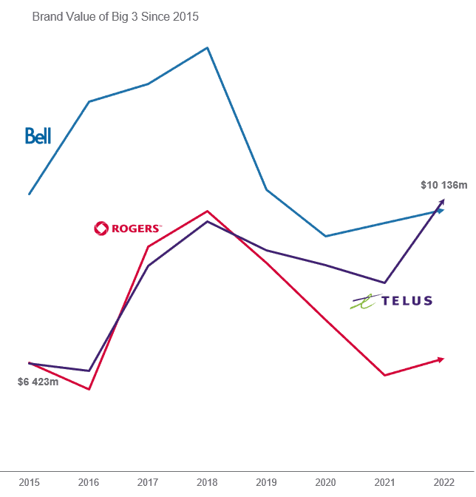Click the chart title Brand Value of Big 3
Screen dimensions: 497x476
[115, 16]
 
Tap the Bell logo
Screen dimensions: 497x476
[38, 135]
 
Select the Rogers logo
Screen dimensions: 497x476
[127, 229]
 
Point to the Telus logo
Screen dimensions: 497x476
[392, 300]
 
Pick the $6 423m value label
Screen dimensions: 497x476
[38, 382]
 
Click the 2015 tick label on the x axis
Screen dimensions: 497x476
[30, 482]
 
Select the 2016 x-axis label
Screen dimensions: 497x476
[89, 482]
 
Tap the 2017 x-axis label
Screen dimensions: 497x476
[148, 482]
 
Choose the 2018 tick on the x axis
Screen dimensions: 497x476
[207, 482]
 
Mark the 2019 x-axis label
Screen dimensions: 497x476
[266, 482]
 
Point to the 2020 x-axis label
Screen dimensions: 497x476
[325, 482]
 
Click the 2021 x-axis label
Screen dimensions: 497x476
[384, 482]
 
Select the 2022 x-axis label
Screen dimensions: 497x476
[443, 482]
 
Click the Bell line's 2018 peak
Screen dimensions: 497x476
[207, 48]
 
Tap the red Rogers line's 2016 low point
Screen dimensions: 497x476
[89, 389]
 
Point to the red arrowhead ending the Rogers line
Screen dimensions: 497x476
[441, 359]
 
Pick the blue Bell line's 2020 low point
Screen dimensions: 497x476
[325, 236]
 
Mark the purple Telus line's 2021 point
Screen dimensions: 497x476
[384, 283]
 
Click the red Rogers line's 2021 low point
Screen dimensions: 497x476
[384, 375]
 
